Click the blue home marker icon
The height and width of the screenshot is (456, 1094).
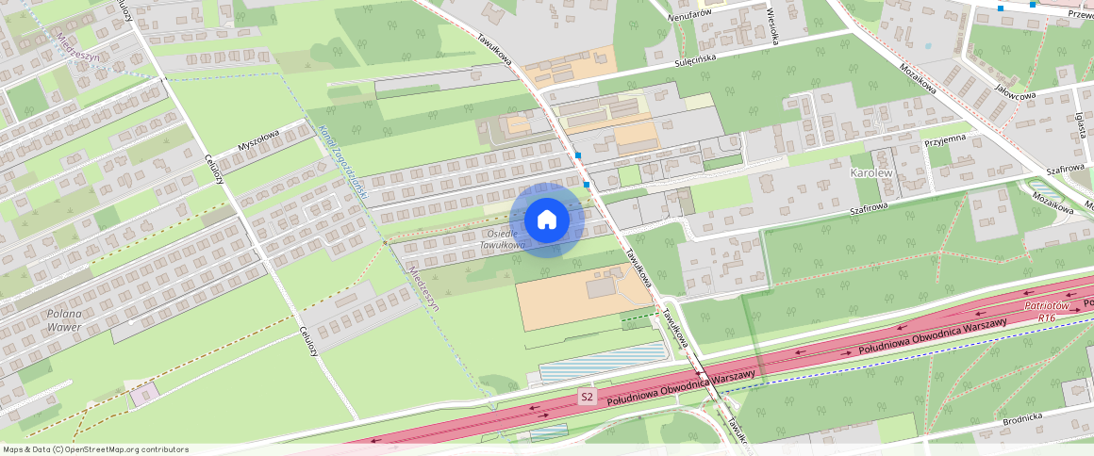[546, 220]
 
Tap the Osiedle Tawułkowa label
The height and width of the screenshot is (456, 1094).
[501, 239]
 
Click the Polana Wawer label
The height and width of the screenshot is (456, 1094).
[64, 320]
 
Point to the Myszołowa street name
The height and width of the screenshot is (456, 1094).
[258, 146]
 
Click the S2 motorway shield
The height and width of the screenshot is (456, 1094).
[588, 398]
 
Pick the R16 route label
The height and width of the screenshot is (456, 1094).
[1046, 318]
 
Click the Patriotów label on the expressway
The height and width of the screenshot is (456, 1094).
[1045, 306]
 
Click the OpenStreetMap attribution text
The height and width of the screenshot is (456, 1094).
[95, 449]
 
